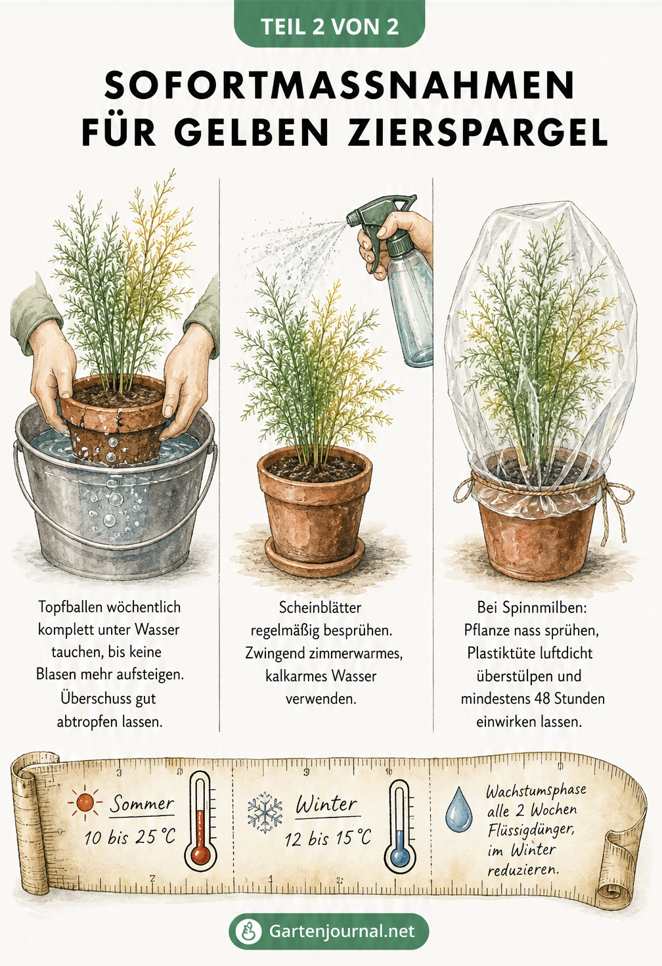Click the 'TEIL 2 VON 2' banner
point(330,24)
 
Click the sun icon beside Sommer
point(85,802)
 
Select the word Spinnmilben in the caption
point(544,608)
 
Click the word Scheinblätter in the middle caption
point(320,608)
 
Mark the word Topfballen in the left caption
point(70,607)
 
